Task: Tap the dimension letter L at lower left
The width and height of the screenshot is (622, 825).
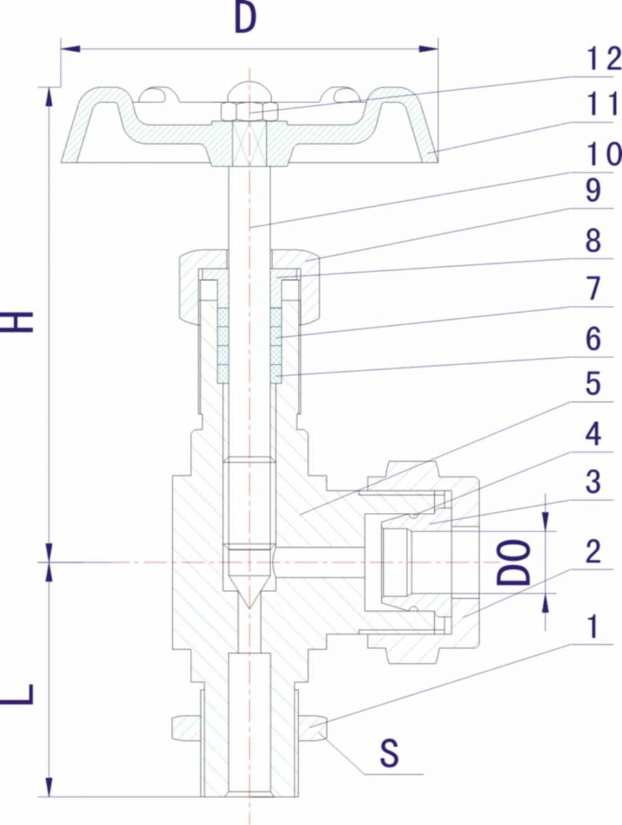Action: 18,694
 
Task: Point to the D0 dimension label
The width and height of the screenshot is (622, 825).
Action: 513,562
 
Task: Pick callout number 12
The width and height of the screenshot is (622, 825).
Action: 604,58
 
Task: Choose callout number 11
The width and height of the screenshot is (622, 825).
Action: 603,104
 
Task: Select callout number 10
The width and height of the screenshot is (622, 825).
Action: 604,154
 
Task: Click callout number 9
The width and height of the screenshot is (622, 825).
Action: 593,190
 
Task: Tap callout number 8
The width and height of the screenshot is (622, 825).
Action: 593,241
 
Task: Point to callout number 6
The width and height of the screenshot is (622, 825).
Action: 593,338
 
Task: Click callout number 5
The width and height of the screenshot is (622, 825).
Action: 593,384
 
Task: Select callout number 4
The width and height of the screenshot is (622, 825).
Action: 593,433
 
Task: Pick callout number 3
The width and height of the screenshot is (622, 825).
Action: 593,481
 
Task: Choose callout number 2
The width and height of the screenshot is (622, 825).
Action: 593,551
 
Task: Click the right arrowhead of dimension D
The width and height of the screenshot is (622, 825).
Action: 429,49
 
